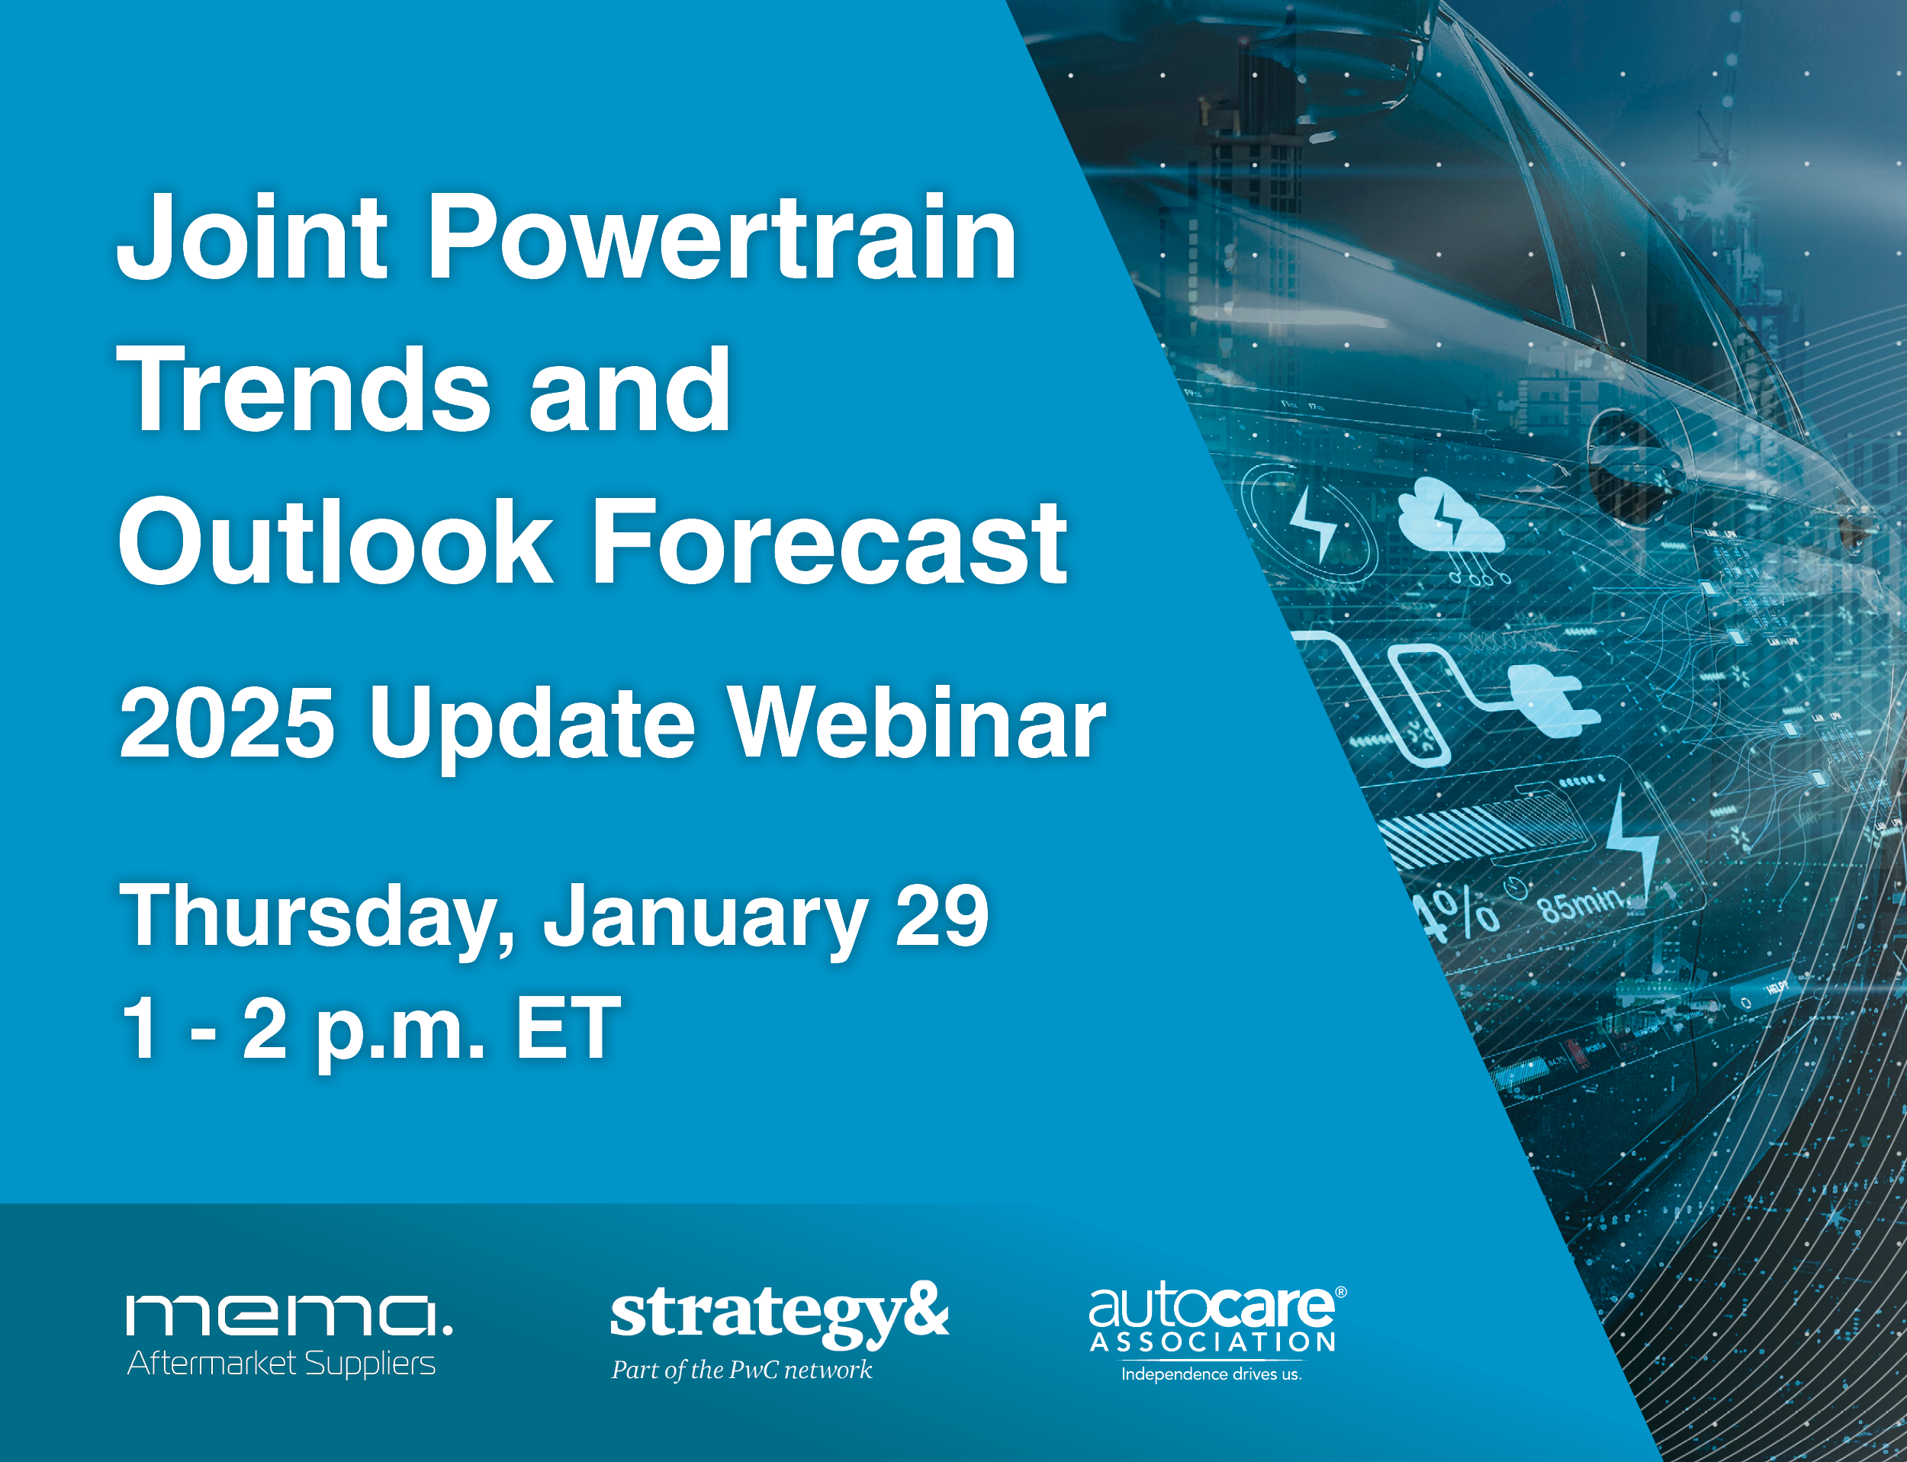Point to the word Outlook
[x=335, y=543]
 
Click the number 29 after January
[x=942, y=914]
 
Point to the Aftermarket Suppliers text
[x=281, y=1364]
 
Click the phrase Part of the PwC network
[x=741, y=1370]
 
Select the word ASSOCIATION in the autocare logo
[x=1212, y=1343]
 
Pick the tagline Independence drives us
[x=1211, y=1375]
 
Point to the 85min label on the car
[x=1580, y=906]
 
